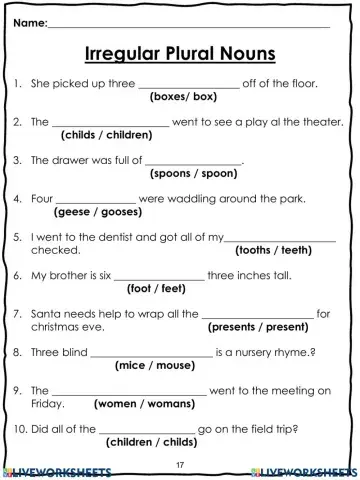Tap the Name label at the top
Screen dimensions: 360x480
[x=30, y=21]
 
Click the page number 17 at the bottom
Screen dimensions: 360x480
[x=180, y=466]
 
